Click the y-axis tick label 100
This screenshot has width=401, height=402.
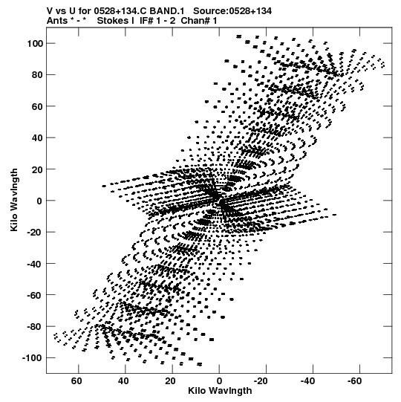[x=35, y=44]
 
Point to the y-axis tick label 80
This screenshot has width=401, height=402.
[x=38, y=75]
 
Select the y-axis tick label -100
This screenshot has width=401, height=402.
[x=32, y=358]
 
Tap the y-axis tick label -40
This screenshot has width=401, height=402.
[x=35, y=264]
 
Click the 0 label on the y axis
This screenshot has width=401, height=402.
[x=39, y=201]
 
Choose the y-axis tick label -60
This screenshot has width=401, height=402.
[x=35, y=295]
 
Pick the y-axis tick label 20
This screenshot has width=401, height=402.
[x=38, y=169]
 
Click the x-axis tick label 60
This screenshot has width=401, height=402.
[x=76, y=381]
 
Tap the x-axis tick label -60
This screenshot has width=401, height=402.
[x=355, y=381]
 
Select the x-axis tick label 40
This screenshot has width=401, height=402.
[x=123, y=381]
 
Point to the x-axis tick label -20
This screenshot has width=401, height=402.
[x=261, y=381]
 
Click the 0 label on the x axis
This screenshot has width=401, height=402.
[x=219, y=381]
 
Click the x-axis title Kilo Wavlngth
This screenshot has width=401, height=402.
[x=220, y=391]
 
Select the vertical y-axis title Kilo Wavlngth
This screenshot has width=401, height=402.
[x=14, y=200]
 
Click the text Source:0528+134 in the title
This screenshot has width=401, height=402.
[x=232, y=11]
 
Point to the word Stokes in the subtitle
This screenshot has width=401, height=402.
[x=113, y=21]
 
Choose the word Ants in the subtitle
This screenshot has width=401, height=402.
[x=56, y=21]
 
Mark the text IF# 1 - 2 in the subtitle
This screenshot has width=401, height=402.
[x=157, y=21]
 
